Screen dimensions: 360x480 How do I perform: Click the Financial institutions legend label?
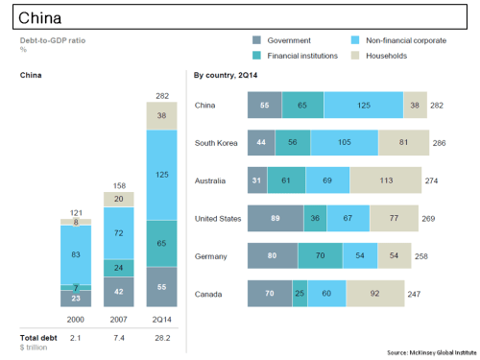(x=302, y=56)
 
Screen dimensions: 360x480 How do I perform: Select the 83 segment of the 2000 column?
(x=63, y=253)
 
